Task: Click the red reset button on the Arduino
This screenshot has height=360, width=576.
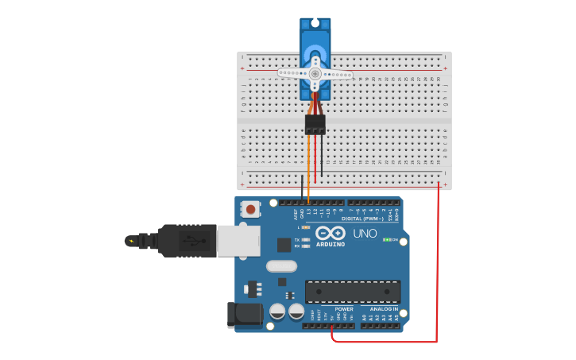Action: tap(251, 210)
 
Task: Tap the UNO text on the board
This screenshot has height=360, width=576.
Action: tap(365, 234)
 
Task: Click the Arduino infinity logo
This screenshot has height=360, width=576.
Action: tap(331, 233)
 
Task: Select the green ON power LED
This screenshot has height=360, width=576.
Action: tap(387, 239)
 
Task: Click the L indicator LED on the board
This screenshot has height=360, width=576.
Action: tap(306, 227)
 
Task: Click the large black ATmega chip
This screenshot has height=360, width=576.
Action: tap(353, 292)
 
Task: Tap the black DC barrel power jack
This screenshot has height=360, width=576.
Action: tap(244, 315)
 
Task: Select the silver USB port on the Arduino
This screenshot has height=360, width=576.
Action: tap(238, 240)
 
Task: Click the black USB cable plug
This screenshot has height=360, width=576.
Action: tap(187, 240)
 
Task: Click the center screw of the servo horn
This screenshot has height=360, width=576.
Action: tap(315, 74)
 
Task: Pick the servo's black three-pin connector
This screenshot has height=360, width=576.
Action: tap(315, 124)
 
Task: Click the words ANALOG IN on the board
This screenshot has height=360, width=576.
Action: tap(383, 309)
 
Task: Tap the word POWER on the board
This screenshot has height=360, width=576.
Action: tap(343, 309)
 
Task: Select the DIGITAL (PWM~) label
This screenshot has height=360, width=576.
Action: tap(361, 219)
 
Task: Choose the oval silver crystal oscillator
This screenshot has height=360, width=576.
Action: tap(281, 266)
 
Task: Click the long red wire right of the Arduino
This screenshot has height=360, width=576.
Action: tap(437, 262)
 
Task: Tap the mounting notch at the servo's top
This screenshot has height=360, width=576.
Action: tap(315, 22)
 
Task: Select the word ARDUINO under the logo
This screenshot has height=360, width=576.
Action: tap(331, 244)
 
